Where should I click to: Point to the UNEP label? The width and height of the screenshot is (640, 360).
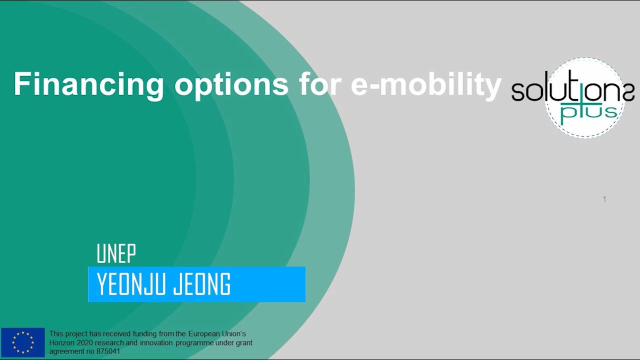(x=116, y=254)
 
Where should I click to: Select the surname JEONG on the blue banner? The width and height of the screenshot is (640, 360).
(x=202, y=285)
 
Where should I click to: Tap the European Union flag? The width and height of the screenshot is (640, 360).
(x=22, y=342)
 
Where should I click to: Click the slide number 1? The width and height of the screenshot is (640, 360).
(x=604, y=199)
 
